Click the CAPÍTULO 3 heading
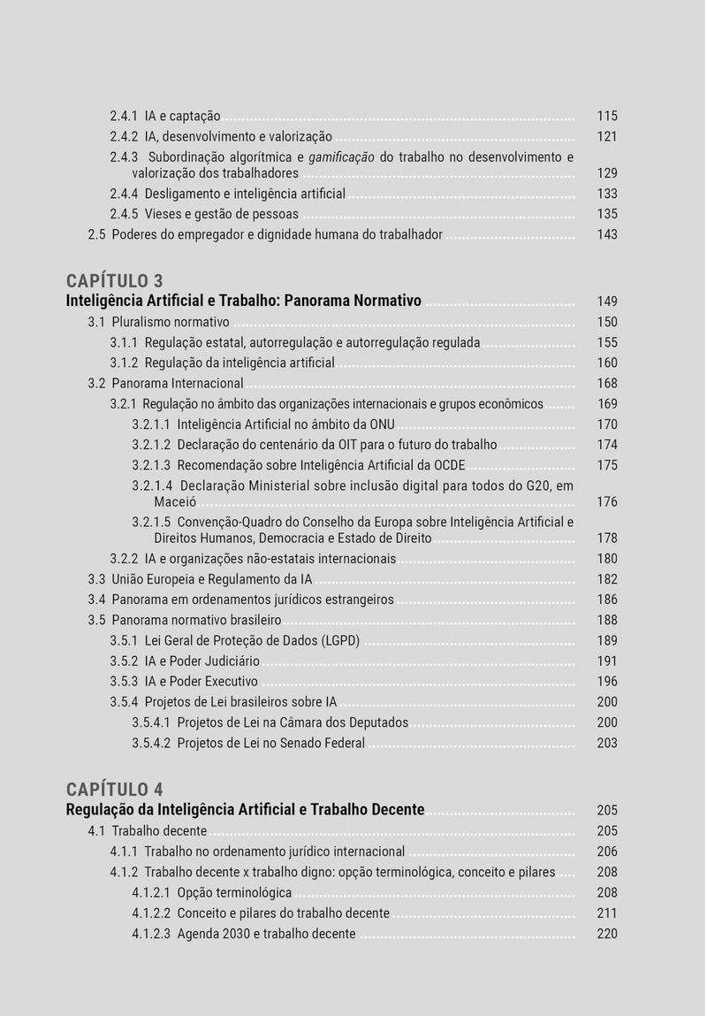pyautogui.click(x=115, y=281)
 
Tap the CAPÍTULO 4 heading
pyautogui.click(x=115, y=789)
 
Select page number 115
pyautogui.click(x=607, y=116)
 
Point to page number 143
pyautogui.click(x=607, y=234)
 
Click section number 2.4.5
pyautogui.click(x=125, y=214)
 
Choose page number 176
pyautogui.click(x=607, y=502)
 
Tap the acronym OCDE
pyautogui.click(x=450, y=465)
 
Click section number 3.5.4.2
pyautogui.click(x=151, y=743)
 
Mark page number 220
pyautogui.click(x=607, y=934)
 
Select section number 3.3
pyautogui.click(x=97, y=579)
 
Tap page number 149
pyautogui.click(x=607, y=302)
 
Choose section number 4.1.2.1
pyautogui.click(x=151, y=892)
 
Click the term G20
pyautogui.click(x=533, y=485)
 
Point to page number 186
pyautogui.click(x=607, y=600)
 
